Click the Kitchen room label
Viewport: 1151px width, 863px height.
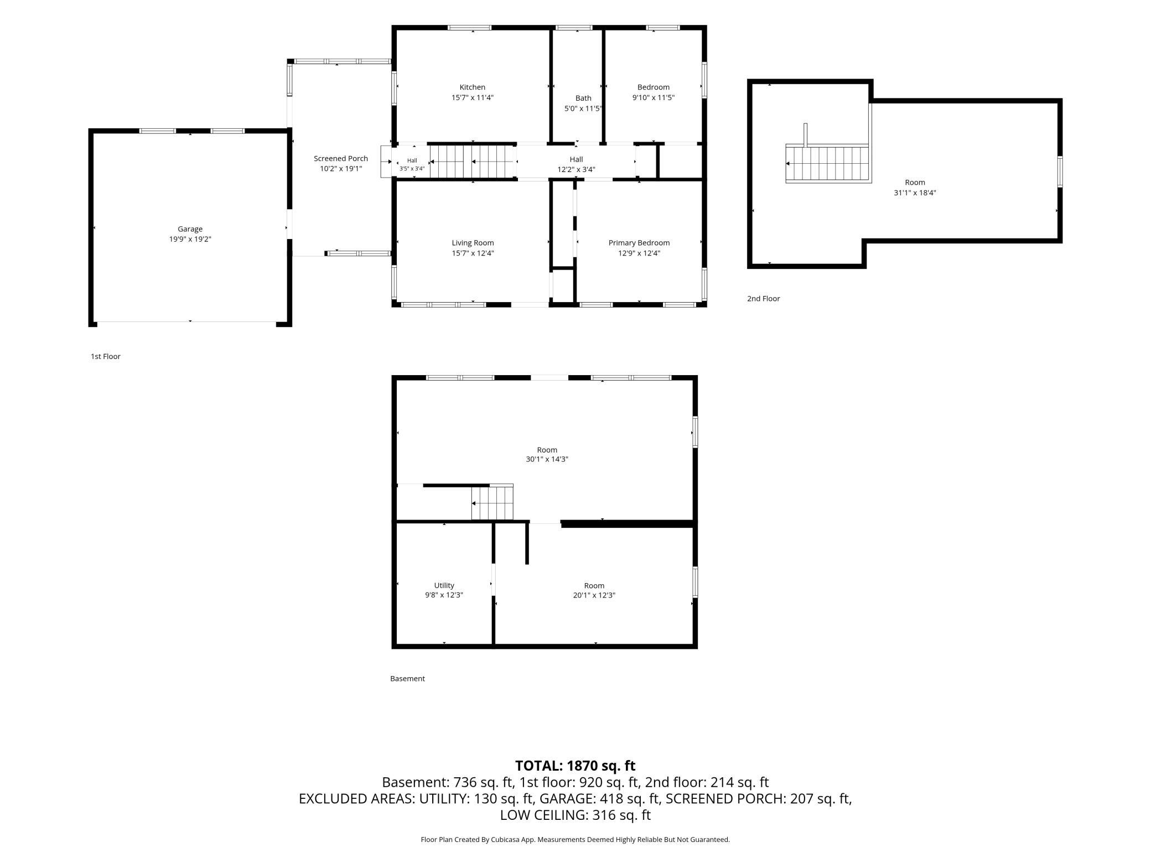(473, 87)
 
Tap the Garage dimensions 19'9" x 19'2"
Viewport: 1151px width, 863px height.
(190, 240)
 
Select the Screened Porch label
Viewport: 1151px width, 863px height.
(341, 159)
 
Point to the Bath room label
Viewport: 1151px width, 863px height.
(583, 98)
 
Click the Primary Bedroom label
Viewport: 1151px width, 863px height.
(639, 243)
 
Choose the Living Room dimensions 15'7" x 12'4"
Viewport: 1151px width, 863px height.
(473, 253)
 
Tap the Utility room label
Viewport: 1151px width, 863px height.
(444, 585)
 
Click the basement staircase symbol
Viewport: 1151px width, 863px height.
(492, 502)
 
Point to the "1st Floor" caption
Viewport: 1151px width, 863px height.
(106, 357)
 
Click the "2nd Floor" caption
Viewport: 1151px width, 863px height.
(764, 299)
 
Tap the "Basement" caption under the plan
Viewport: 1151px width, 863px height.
(407, 679)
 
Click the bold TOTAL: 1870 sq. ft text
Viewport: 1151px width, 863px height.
(575, 766)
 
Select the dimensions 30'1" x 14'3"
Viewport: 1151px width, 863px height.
(547, 459)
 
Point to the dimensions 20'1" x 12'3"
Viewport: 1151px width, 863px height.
(594, 595)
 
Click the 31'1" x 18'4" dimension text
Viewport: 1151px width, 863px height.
(915, 193)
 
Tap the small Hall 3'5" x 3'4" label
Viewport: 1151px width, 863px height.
(412, 165)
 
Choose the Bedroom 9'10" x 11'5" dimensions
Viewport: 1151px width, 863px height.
(654, 98)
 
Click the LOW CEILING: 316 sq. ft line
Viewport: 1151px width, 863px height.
(575, 815)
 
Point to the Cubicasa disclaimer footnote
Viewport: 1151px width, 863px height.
(575, 840)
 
